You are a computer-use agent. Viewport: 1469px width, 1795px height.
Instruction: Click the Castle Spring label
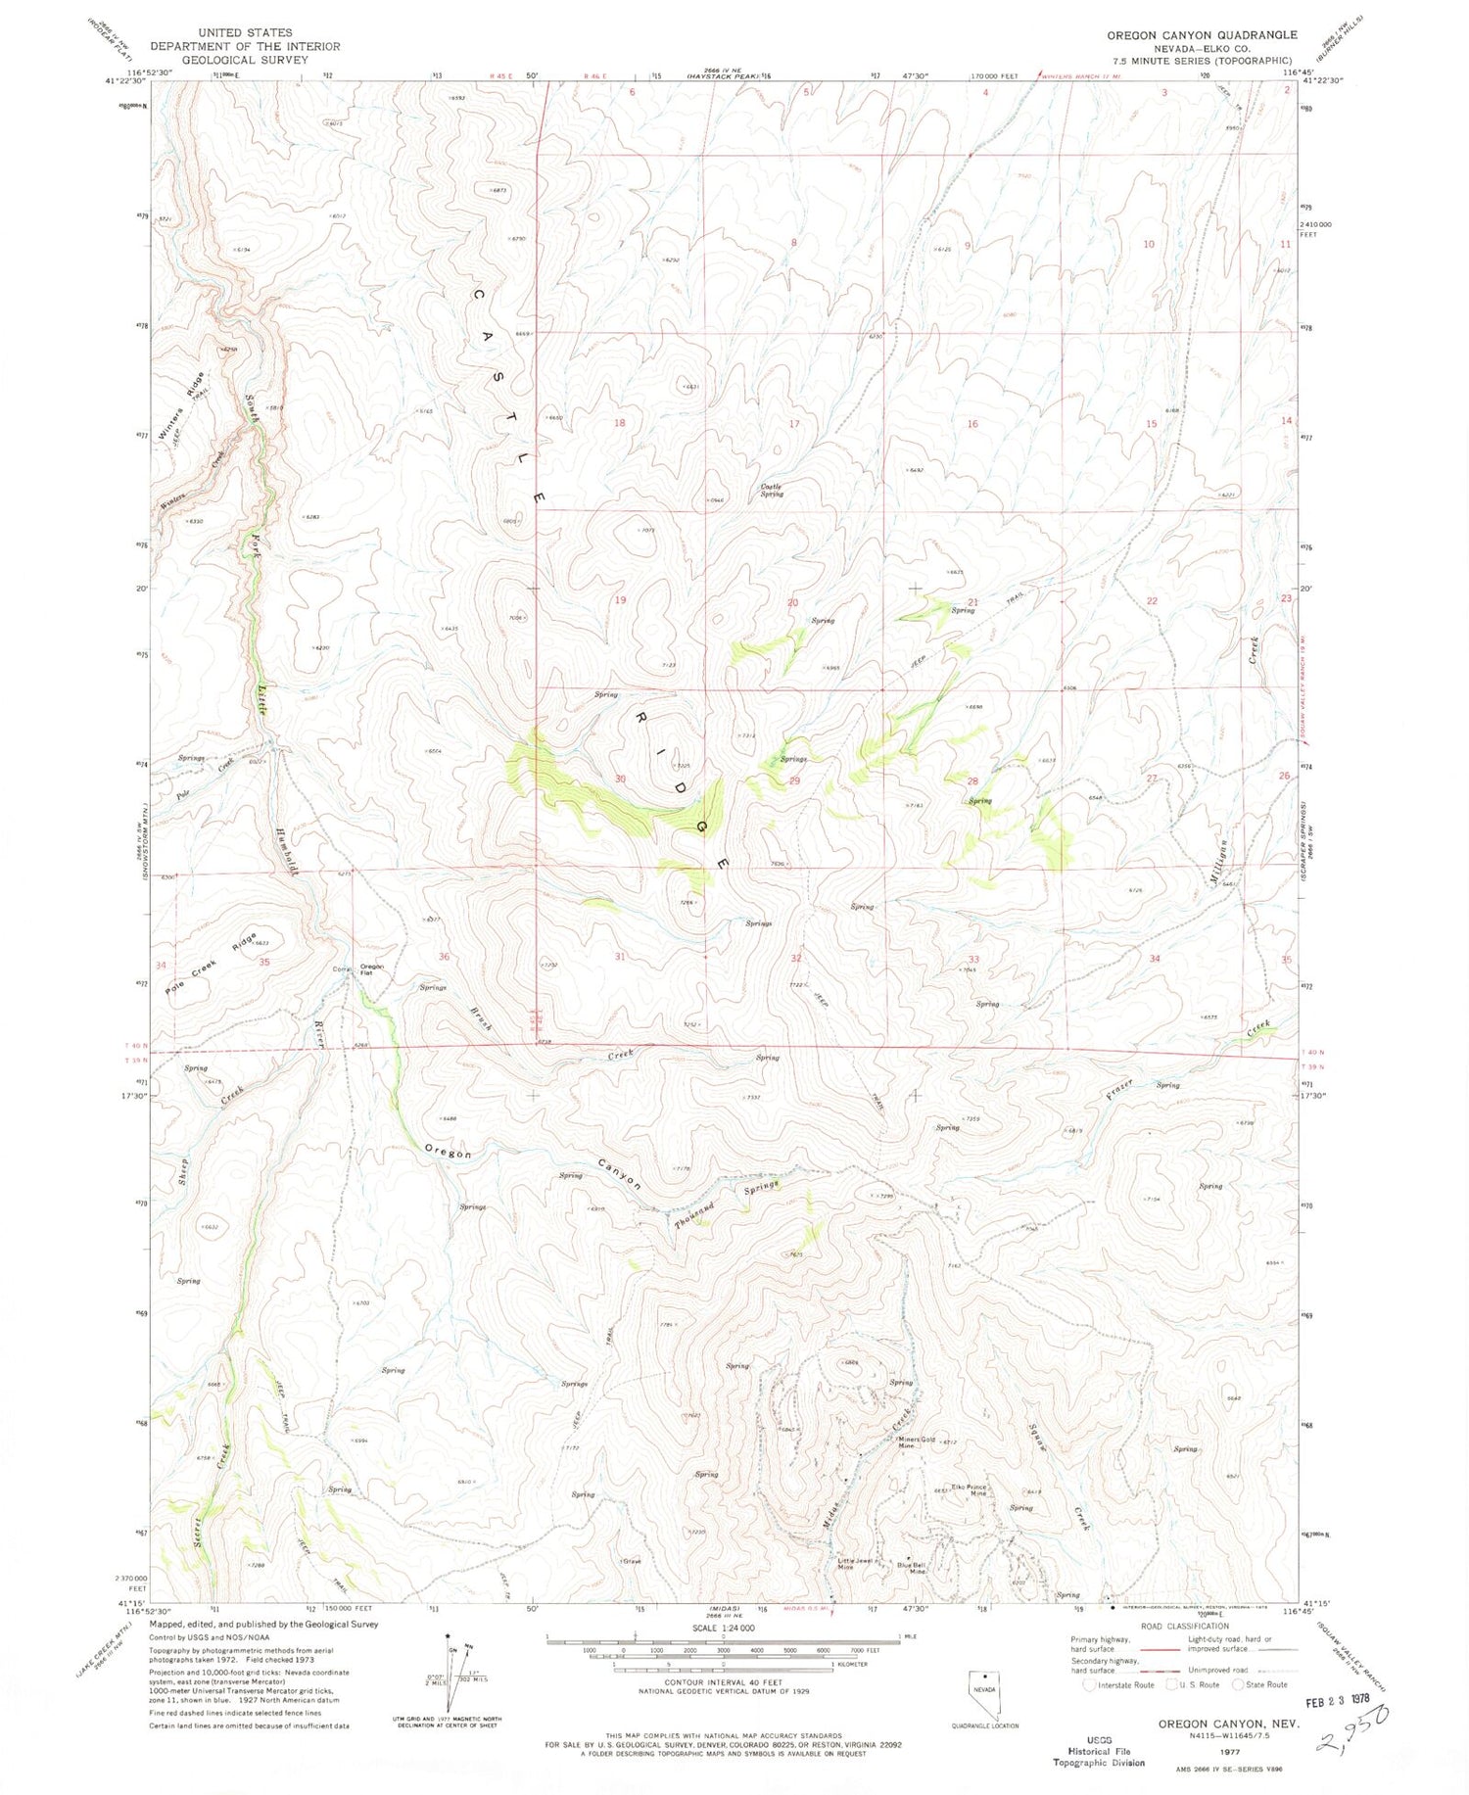(x=772, y=491)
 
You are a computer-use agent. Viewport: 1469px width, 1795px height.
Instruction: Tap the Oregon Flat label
(x=371, y=969)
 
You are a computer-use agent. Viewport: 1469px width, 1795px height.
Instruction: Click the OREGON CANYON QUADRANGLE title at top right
(x=1202, y=35)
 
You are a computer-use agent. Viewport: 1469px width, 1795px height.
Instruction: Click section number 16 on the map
(x=971, y=424)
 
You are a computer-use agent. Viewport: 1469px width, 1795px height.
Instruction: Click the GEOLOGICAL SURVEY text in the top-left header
(x=245, y=59)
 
